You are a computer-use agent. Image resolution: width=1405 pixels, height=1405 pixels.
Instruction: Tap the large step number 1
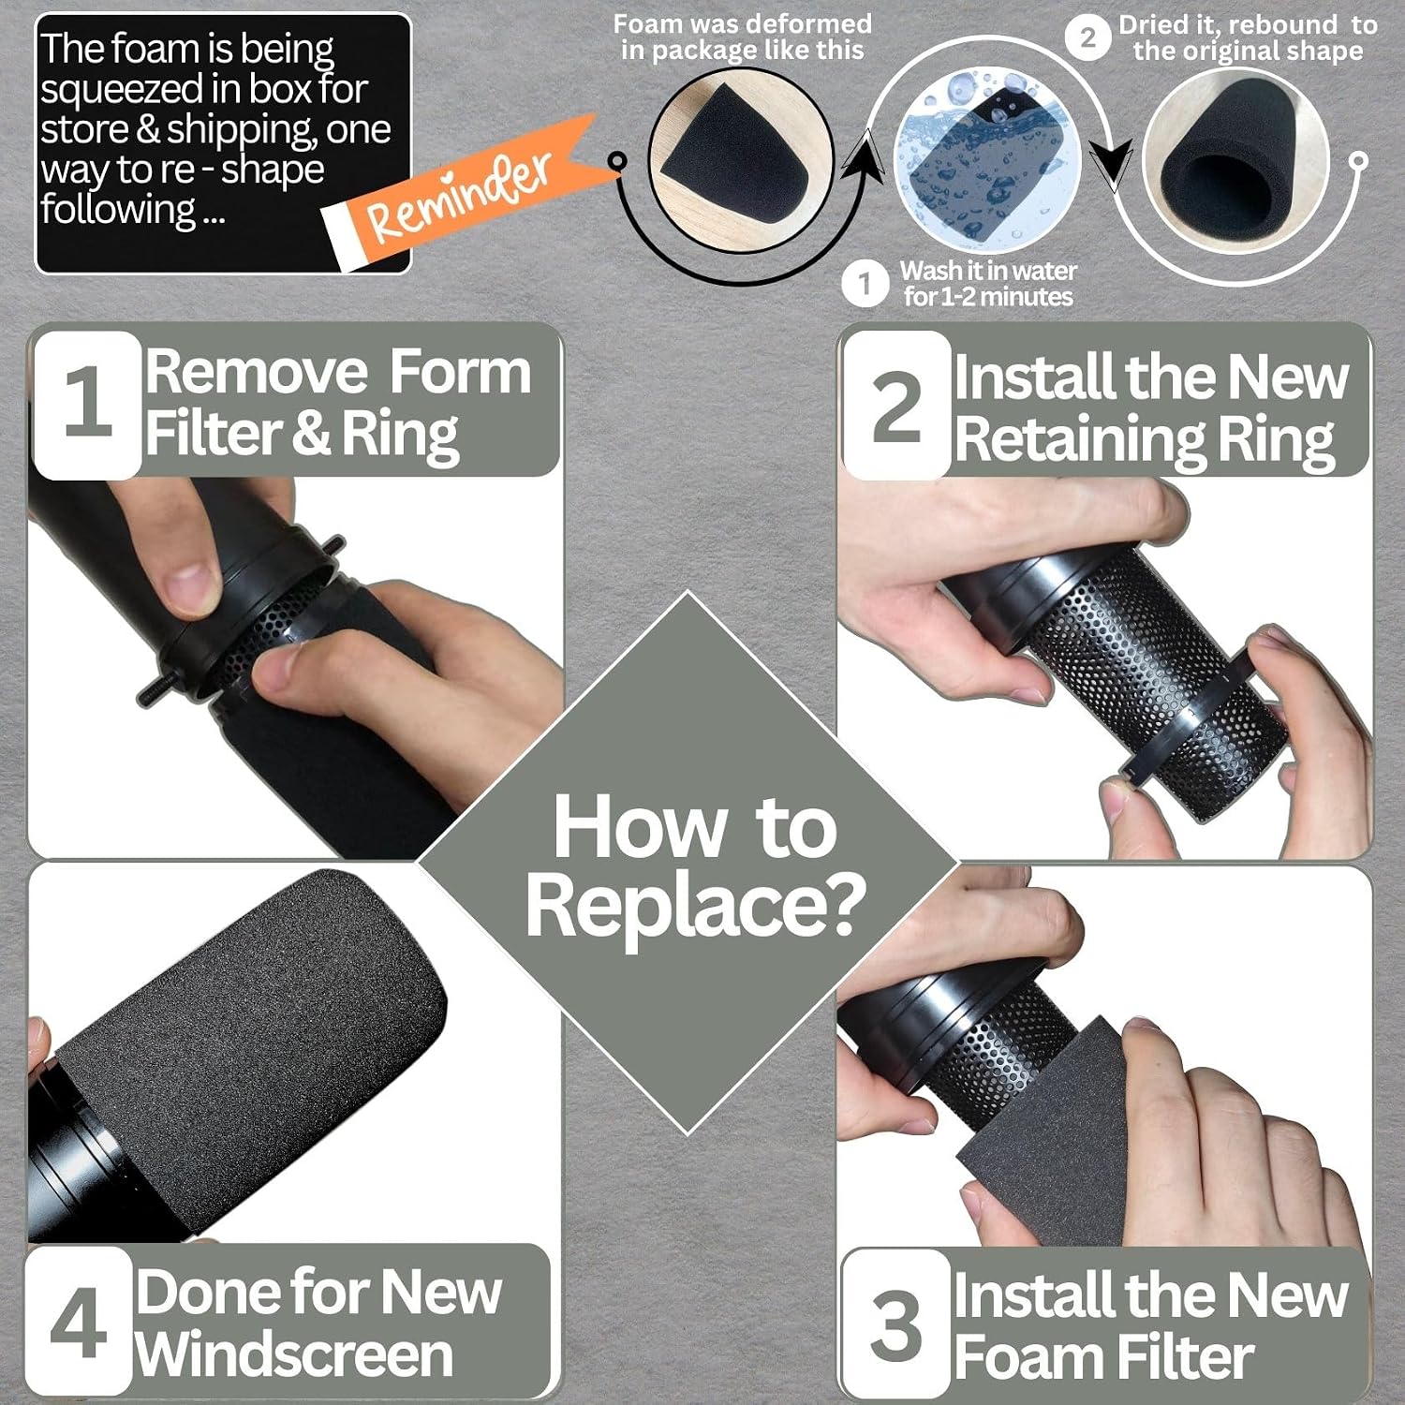pos(87,401)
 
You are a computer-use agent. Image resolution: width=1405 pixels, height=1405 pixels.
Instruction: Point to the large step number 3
pos(895,1324)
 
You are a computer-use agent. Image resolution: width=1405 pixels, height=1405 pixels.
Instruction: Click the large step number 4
pos(79,1323)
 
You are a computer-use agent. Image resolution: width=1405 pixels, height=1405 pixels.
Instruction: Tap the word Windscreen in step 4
pos(293,1354)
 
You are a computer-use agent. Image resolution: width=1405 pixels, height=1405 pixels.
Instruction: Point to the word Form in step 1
pos(460,372)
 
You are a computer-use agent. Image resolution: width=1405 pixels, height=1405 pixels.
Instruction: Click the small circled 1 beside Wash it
pos(865,284)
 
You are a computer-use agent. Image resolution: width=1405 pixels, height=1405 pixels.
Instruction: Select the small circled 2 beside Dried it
pos(1087,37)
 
